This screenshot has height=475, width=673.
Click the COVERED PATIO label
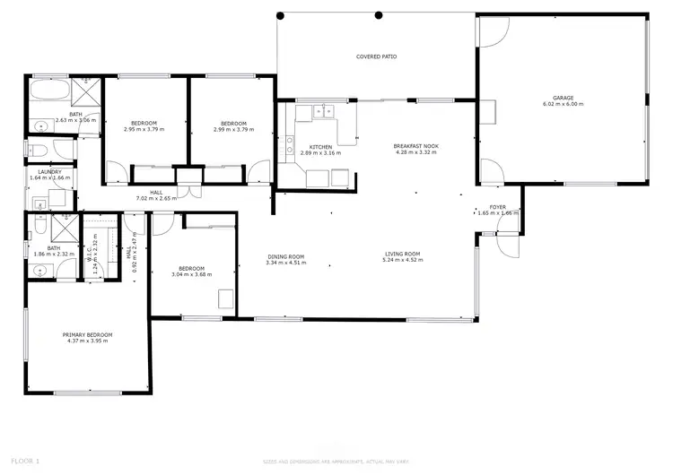(x=376, y=56)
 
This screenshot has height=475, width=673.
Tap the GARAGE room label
(x=563, y=98)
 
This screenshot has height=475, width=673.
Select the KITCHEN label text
(x=321, y=147)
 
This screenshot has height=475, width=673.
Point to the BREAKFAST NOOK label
(x=415, y=146)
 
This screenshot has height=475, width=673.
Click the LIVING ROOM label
(x=403, y=255)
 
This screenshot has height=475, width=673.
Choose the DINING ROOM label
(x=286, y=257)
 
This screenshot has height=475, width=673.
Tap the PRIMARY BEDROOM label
(x=87, y=335)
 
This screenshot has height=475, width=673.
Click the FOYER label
(x=497, y=207)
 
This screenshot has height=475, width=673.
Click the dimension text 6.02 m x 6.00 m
(x=563, y=104)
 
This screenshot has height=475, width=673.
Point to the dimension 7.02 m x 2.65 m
(x=156, y=198)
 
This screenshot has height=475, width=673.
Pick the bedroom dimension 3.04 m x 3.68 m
(x=191, y=275)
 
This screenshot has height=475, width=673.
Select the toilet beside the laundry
(x=36, y=150)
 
